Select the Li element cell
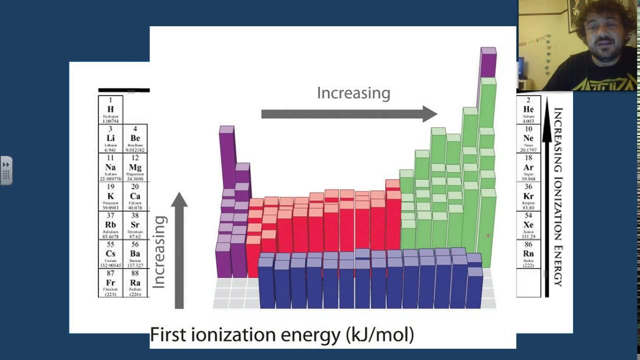tap(110, 138)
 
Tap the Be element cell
tap(135, 138)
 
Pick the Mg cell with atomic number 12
tap(135, 167)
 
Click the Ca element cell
tap(135, 196)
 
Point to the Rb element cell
tap(110, 225)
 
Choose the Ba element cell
tap(135, 254)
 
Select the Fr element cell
tap(110, 283)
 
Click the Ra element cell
tap(135, 283)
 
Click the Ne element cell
tap(528, 138)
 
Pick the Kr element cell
tap(528, 196)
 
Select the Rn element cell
tap(528, 254)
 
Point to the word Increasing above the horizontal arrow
tap(353, 93)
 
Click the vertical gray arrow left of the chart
tap(179, 250)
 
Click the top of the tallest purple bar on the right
tap(488, 51)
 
